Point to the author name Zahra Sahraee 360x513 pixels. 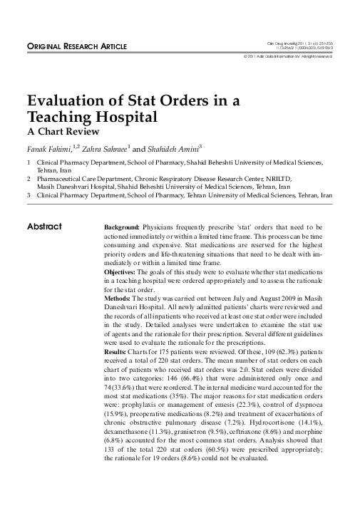(x=100, y=149)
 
